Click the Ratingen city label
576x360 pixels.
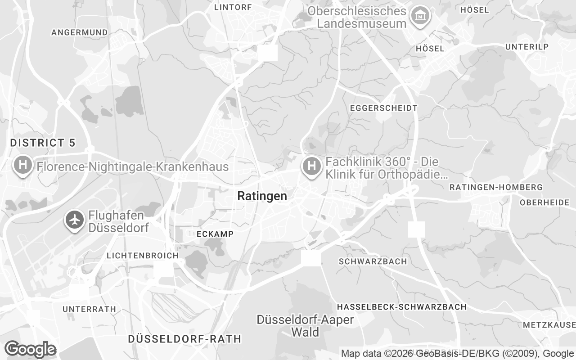262,196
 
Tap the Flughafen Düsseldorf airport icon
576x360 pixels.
75,220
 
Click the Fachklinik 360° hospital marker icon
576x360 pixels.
311,166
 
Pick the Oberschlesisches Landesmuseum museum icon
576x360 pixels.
420,16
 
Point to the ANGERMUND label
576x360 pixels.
80,32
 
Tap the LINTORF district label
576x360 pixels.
233,7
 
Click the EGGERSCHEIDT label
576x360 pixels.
383,108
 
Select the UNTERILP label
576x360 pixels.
527,47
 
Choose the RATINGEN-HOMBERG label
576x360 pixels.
496,187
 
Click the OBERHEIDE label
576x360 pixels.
544,202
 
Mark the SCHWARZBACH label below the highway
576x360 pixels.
373,261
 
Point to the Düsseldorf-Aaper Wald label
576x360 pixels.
305,326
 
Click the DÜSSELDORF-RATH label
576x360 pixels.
184,339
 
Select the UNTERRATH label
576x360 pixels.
89,309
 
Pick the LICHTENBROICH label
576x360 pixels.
142,256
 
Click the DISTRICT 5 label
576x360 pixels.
43,143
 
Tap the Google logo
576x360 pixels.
30,349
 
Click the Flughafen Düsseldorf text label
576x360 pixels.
119,221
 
